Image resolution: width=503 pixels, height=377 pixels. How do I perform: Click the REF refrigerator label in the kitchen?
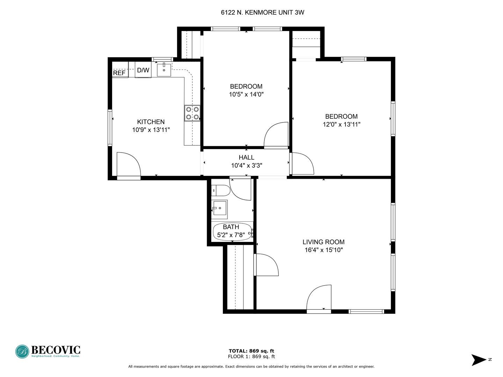119,73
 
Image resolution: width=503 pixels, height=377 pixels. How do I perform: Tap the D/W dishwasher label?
143,70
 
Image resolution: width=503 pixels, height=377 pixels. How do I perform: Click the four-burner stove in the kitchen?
192,113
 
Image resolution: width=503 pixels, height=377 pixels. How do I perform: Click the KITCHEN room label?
151,122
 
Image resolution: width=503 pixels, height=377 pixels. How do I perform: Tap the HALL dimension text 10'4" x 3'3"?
247,165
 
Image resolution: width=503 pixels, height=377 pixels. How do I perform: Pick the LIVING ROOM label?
323,242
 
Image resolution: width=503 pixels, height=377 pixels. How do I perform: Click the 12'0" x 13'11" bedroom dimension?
341,124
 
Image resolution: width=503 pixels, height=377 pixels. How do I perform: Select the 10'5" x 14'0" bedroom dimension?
246,94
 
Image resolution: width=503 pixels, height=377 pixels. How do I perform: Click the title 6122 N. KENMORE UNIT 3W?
262,13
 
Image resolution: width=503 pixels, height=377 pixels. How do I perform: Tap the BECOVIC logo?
48,351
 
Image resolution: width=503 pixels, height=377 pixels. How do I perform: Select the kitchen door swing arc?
129,165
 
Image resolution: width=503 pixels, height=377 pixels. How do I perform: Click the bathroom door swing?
241,190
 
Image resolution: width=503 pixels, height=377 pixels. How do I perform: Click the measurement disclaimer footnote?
251,367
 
